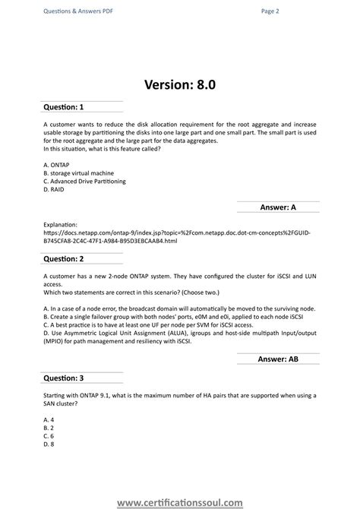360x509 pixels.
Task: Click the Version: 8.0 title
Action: [x=180, y=84]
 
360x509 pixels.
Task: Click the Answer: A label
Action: [x=277, y=206]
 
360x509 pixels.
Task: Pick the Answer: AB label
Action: [x=277, y=359]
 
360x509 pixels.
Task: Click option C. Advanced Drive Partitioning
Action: [x=85, y=182]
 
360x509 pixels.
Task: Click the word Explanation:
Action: [x=61, y=224]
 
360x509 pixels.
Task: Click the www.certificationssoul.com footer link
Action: [x=180, y=501]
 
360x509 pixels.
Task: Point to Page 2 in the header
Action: [x=270, y=11]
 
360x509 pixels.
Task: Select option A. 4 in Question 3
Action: [x=49, y=419]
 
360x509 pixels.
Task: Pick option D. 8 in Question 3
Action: [x=49, y=444]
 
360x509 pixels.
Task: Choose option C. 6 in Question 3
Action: [x=49, y=436]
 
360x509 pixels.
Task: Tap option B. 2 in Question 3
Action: [x=49, y=428]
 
